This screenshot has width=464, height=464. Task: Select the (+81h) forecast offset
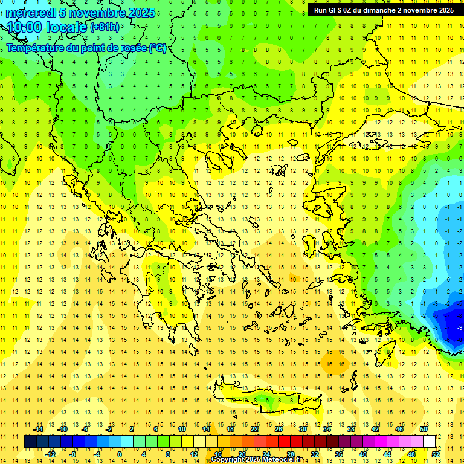(x=105, y=28)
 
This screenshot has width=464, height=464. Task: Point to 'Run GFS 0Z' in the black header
(x=334, y=10)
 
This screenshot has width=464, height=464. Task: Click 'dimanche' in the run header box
(x=379, y=10)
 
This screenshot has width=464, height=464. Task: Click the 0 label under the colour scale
(x=119, y=454)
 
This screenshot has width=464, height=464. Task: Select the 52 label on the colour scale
(x=436, y=454)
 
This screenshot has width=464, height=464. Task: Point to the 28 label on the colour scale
(x=290, y=454)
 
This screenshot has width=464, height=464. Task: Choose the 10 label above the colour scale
(x=181, y=429)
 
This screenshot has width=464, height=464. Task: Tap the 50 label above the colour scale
(x=423, y=429)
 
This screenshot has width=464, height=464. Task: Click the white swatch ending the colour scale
(x=430, y=442)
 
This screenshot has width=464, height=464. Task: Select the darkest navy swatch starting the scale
(x=30, y=442)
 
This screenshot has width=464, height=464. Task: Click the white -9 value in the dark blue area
(x=460, y=327)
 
